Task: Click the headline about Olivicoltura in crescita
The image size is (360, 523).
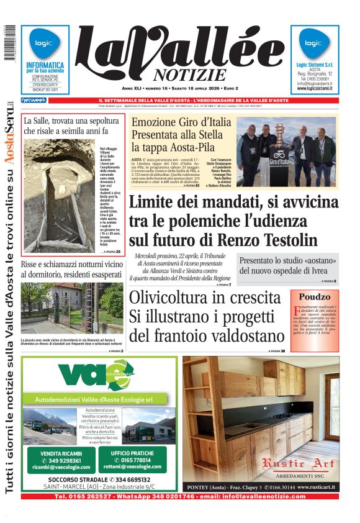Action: coord(205,317)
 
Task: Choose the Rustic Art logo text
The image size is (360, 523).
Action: coord(298,463)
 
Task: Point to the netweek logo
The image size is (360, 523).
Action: coord(34,100)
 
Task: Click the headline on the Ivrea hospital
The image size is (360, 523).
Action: coord(288,266)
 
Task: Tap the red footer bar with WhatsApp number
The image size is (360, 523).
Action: coord(179,496)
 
